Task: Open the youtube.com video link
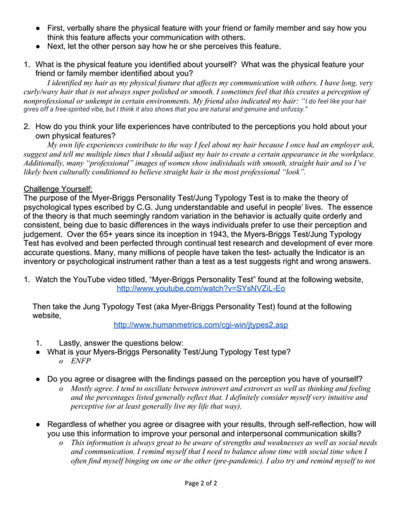tap(200, 289)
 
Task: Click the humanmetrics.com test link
tap(200, 325)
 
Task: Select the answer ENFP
tap(81, 361)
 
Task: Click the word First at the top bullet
tap(58, 28)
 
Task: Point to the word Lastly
tap(74, 342)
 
